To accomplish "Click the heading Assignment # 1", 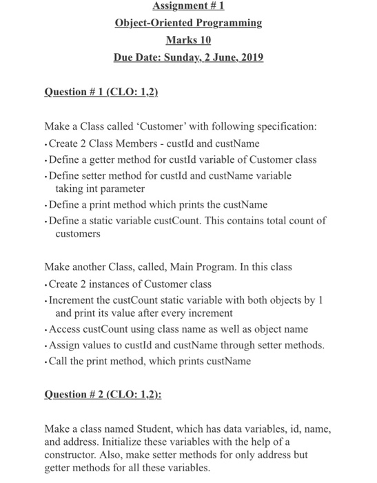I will [x=188, y=8].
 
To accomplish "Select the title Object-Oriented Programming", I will [x=188, y=23].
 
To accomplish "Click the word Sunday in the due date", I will [x=182, y=57].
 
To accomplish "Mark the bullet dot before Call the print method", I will [x=45, y=361].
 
